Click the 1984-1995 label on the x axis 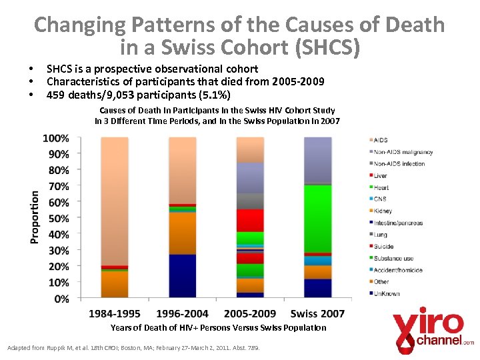(115, 313)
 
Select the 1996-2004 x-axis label (183, 313)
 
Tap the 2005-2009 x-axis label (250, 313)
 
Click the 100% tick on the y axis (56, 139)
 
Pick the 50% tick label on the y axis (58, 219)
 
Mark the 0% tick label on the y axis (61, 299)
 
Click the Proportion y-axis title (34, 218)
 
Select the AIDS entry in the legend (381, 140)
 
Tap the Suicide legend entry (383, 247)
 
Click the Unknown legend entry (387, 293)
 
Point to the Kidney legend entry (383, 211)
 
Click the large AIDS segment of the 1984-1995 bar (115, 200)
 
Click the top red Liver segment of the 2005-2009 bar (250, 220)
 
